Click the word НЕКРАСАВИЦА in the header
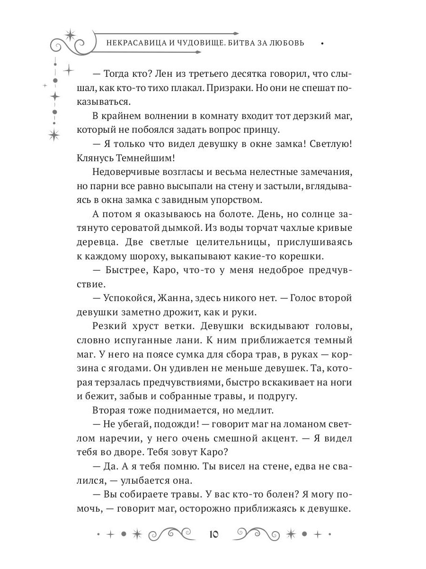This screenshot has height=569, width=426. [131, 43]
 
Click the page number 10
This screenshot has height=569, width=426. [213, 534]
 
